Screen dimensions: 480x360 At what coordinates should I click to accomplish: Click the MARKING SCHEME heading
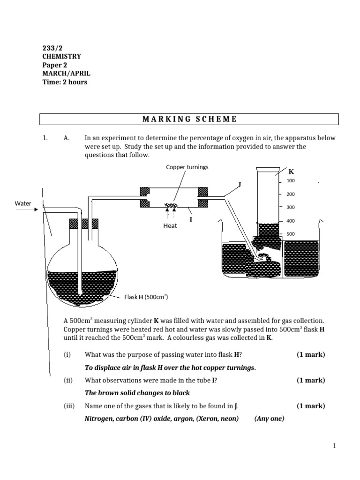coord(189,119)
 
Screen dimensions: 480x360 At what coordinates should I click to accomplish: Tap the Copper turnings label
coord(187,167)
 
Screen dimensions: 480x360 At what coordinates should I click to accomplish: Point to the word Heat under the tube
coord(170,226)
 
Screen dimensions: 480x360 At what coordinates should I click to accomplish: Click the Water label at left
coord(23,203)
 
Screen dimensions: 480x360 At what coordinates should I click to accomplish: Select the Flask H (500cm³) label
coord(146,297)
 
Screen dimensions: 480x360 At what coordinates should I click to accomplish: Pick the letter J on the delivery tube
coord(240,184)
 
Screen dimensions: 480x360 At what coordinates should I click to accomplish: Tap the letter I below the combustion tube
coord(191,219)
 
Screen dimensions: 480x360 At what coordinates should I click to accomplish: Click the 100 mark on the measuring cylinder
coord(291,181)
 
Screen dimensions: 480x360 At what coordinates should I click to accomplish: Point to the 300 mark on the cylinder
coord(291,207)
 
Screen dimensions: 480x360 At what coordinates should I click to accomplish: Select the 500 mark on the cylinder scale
coord(291,234)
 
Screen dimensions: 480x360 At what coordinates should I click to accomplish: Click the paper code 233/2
coord(52,47)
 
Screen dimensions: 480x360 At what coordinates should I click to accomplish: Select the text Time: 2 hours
coord(65,82)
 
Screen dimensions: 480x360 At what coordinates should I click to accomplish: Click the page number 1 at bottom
coord(335,446)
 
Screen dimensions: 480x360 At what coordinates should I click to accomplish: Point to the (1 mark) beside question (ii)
coord(310,380)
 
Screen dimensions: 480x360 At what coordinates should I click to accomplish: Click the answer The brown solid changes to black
coord(137,393)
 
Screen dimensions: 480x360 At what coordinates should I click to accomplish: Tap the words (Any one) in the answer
coord(269,419)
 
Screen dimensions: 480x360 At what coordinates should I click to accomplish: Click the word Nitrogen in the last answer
coord(99,419)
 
